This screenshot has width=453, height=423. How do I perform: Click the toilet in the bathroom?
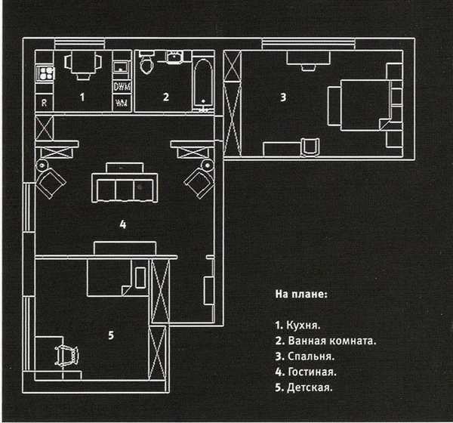coord(146,62)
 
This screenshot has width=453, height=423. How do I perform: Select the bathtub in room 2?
coord(203,85)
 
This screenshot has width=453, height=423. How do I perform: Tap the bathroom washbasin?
coord(174,57)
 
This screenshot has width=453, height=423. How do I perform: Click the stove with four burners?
coord(45,73)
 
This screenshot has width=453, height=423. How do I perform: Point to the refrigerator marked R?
coord(45,103)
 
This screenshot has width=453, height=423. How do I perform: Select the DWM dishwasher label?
coord(122,86)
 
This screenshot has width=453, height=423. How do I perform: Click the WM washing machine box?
coord(122,103)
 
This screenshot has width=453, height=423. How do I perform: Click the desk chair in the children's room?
coord(66,356)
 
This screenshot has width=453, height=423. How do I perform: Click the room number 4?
coord(123,224)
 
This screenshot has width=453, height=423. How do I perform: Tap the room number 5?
coord(111,335)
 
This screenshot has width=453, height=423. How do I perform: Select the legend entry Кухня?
coord(297,326)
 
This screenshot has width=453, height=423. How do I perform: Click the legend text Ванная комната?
coord(325,341)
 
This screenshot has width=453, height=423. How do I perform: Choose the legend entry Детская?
coord(304,387)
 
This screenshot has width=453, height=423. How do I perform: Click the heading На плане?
coord(301,294)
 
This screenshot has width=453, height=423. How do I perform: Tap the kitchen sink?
coord(122,67)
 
